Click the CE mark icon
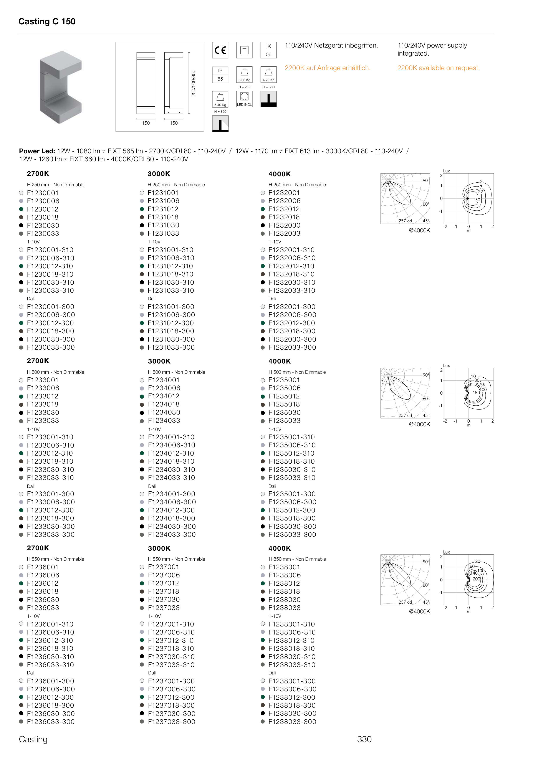pyautogui.click(x=220, y=50)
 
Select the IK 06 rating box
pyautogui.click(x=268, y=50)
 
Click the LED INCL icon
pyautogui.click(x=244, y=99)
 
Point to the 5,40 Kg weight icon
pyautogui.click(x=220, y=99)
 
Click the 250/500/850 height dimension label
pyautogui.click(x=193, y=83)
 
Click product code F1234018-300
pyautogui.click(x=172, y=518)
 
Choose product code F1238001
pyautogui.click(x=284, y=567)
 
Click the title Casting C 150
pyautogui.click(x=47, y=21)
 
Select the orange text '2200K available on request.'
pyautogui.click(x=438, y=68)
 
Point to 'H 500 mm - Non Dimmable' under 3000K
pyautogui.click(x=177, y=372)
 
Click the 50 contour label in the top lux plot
pyautogui.click(x=477, y=200)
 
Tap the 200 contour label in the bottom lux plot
pyautogui.click(x=477, y=579)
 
